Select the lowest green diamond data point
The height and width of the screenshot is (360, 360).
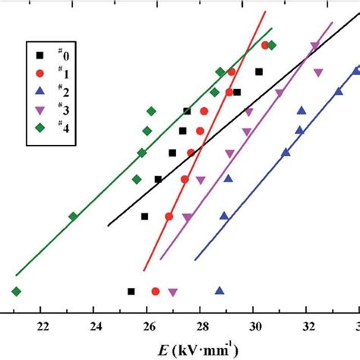pyautogui.click(x=16, y=292)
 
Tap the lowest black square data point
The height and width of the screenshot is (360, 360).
pyautogui.click(x=131, y=291)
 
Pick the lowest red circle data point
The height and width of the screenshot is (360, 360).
pyautogui.click(x=156, y=292)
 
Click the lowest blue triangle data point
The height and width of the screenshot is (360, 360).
pyautogui.click(x=219, y=290)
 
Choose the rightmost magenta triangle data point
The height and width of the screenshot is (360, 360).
pyautogui.click(x=318, y=74)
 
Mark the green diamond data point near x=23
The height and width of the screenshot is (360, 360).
pyautogui.click(x=73, y=216)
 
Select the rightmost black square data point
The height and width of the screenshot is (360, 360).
pyautogui.click(x=259, y=71)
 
